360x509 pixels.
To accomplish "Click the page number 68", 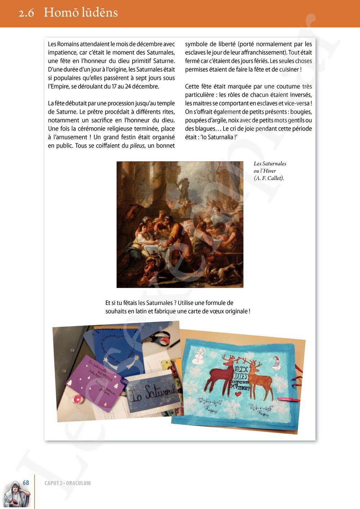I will click(x=26, y=483).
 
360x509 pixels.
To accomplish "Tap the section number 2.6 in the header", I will click(x=26, y=13).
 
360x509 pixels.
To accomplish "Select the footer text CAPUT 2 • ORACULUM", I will click(x=68, y=483).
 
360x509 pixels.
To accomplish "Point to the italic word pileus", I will click(x=137, y=146).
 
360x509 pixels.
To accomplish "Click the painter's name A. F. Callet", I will click(x=269, y=178).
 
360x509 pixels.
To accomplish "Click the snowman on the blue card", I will click(x=199, y=356).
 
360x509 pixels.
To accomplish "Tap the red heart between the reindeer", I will click(x=238, y=394).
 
